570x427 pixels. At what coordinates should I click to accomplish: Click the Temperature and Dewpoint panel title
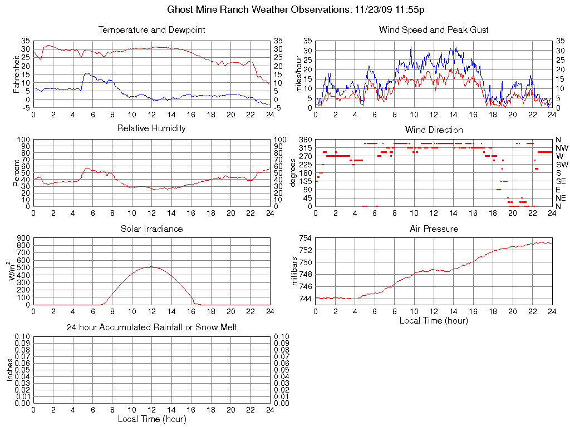coord(151,30)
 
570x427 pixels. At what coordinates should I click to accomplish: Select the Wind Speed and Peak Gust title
coord(434,30)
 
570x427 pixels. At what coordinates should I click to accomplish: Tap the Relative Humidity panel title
coord(151,128)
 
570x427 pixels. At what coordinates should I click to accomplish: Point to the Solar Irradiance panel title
coord(151,229)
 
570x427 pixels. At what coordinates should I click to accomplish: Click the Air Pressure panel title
coord(434,229)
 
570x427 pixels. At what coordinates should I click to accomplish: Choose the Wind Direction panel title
coord(434,130)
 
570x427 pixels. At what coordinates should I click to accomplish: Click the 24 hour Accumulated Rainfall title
coord(151,327)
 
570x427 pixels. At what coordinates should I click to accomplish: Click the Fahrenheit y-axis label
coord(17,75)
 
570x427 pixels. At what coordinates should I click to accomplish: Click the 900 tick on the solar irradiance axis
coord(23,239)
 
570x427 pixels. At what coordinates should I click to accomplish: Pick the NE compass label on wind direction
coord(561,198)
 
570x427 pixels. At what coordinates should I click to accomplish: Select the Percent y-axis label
coord(17,173)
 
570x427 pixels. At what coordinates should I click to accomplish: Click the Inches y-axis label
coord(9,370)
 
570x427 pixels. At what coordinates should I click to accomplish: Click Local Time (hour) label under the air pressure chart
coord(434,321)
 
